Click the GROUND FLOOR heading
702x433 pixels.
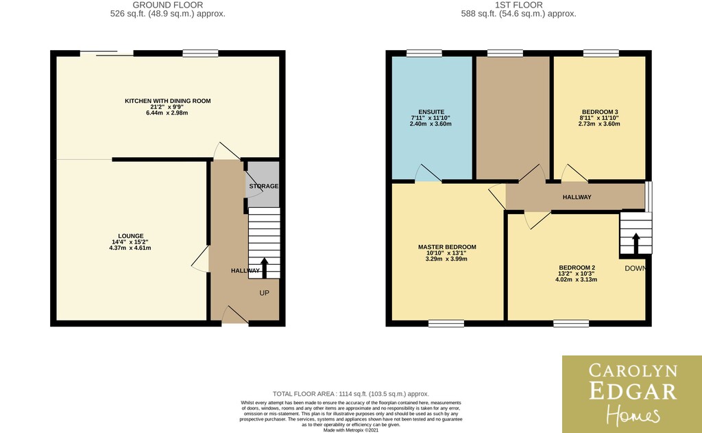pyautogui.click(x=168, y=5)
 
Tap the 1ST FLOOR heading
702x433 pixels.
pyautogui.click(x=519, y=5)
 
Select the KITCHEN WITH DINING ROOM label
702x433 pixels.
pyautogui.click(x=168, y=101)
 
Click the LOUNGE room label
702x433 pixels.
pyautogui.click(x=131, y=236)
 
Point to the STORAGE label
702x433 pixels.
pyautogui.click(x=264, y=186)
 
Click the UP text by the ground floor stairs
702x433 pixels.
pyautogui.click(x=264, y=293)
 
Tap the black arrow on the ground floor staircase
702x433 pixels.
pyautogui.click(x=264, y=268)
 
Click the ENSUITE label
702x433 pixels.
pyautogui.click(x=432, y=112)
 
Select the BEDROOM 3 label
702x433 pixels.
pyautogui.click(x=600, y=112)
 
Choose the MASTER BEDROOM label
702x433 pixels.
pyautogui.click(x=447, y=247)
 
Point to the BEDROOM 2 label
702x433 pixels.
pyautogui.click(x=577, y=268)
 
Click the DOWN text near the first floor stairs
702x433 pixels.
pyautogui.click(x=636, y=268)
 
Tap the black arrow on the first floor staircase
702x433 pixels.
pyautogui.click(x=636, y=244)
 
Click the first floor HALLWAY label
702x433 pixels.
pyautogui.click(x=577, y=197)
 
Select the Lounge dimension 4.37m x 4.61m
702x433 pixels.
pyautogui.click(x=130, y=248)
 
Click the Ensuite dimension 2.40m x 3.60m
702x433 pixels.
pyautogui.click(x=431, y=124)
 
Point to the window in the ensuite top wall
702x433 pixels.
pyautogui.click(x=424, y=54)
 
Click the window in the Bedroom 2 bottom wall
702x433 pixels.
pyautogui.click(x=571, y=324)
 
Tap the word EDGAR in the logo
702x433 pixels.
pyautogui.click(x=632, y=390)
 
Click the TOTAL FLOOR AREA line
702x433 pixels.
pyautogui.click(x=350, y=394)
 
